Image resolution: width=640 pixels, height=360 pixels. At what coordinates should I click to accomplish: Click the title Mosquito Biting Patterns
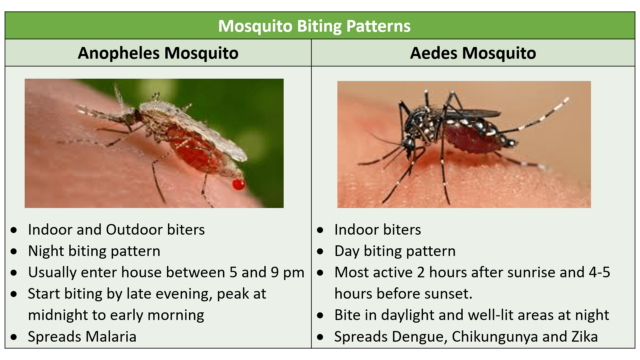tap(314, 26)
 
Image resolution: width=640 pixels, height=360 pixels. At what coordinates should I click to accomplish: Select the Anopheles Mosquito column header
tap(158, 53)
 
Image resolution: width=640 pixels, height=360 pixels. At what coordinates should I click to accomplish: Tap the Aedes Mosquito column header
tap(473, 53)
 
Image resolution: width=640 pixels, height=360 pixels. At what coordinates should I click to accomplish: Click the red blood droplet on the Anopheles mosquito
tap(238, 184)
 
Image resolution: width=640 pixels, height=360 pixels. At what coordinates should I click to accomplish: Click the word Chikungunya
tap(495, 337)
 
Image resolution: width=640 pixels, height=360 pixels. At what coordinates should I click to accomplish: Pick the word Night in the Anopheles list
tap(46, 251)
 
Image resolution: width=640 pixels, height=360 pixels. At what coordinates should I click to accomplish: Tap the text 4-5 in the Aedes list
tap(599, 272)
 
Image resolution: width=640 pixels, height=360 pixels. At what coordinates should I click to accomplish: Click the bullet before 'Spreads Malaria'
tap(14, 337)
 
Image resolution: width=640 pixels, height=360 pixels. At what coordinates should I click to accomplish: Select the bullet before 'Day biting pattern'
tap(320, 251)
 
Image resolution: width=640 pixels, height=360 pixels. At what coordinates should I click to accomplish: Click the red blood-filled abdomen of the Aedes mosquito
tap(473, 138)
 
